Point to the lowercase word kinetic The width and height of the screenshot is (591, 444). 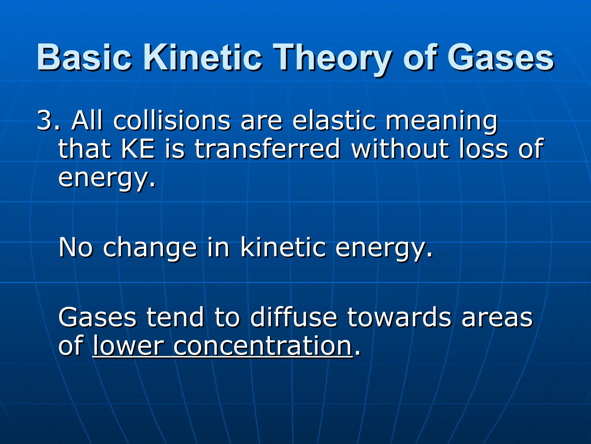coord(283,247)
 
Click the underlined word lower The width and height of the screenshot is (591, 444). coord(128,346)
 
